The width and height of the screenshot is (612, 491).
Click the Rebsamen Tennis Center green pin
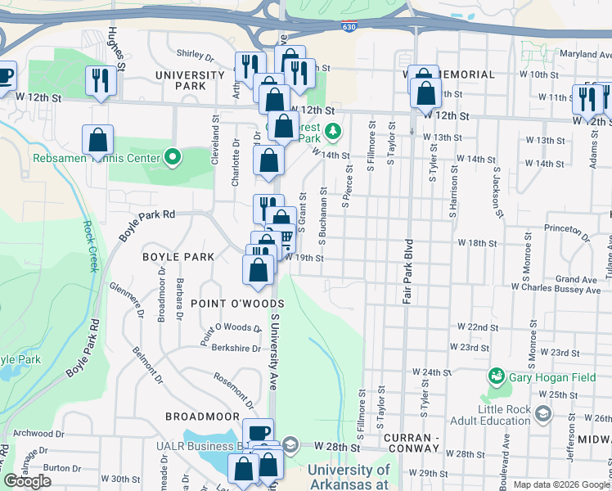(x=172, y=156)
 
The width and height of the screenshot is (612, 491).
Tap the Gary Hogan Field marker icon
(x=495, y=376)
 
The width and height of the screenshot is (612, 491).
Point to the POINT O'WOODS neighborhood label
(x=236, y=303)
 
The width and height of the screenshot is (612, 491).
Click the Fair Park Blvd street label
(x=406, y=273)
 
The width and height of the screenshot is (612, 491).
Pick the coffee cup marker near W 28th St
(x=258, y=432)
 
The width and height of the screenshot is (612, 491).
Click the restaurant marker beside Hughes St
(x=100, y=80)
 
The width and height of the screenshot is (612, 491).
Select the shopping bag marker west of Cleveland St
(x=98, y=141)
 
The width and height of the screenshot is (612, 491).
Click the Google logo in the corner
(x=28, y=481)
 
